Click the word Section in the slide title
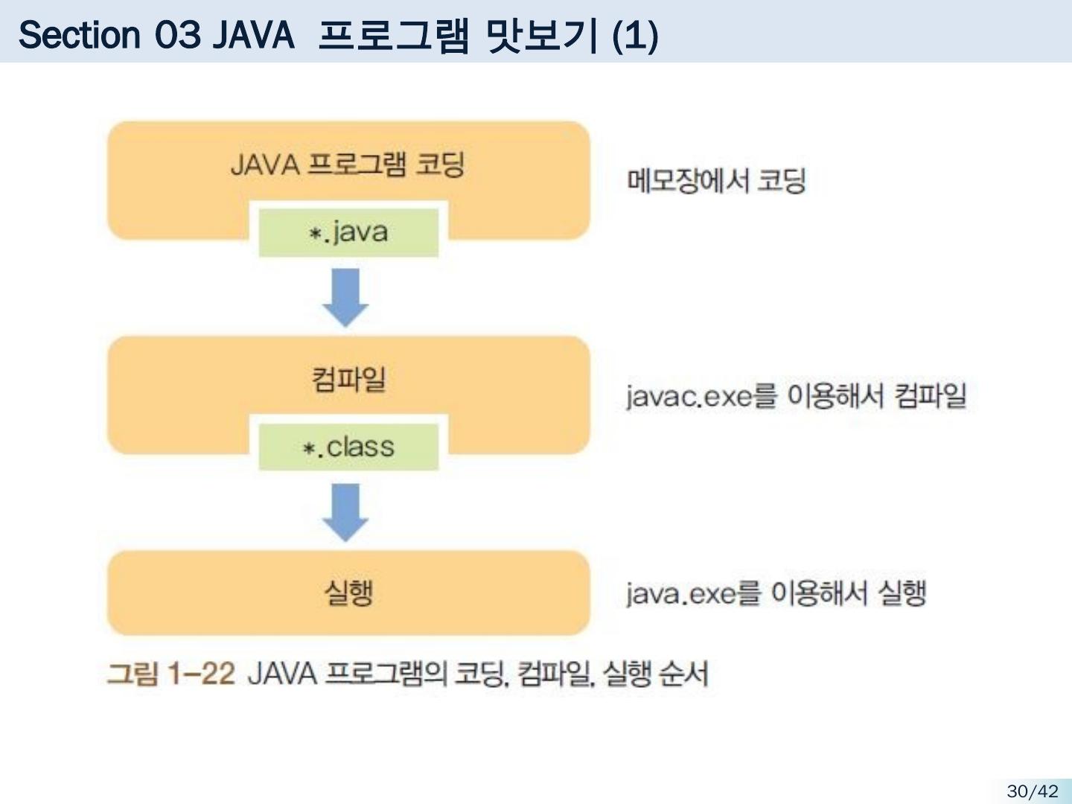[79, 34]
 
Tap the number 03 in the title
[178, 34]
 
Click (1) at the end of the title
[634, 36]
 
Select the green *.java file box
[348, 232]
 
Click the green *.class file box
[348, 447]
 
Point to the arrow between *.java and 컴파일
[345, 296]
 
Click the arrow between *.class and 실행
[345, 511]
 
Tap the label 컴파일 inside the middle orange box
[348, 379]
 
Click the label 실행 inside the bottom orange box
[348, 593]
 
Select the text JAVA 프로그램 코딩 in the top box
[348, 165]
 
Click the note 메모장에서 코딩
[716, 180]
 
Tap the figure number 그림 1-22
[170, 674]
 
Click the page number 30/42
[1032, 791]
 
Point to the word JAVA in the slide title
[253, 34]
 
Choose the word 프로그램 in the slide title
[392, 35]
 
